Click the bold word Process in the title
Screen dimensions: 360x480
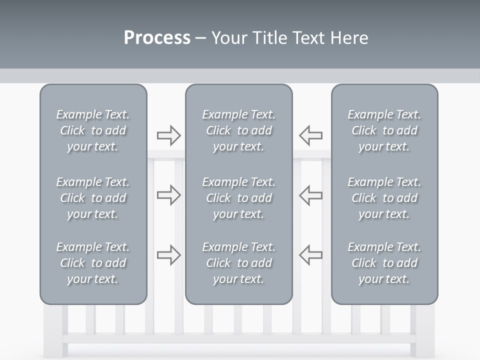157,38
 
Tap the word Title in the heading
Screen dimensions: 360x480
271,38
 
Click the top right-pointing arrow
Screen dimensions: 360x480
168,135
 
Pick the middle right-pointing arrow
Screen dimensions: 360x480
168,195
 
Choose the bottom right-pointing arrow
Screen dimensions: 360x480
168,255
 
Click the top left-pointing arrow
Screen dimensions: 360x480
310,135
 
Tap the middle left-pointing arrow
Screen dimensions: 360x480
310,195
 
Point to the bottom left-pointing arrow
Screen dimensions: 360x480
310,255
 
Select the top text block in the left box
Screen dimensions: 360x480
93,130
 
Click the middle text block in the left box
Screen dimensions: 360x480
93,198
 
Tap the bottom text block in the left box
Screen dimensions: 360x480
93,263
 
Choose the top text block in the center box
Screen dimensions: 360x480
238,130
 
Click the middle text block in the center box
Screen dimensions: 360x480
238,198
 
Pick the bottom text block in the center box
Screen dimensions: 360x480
238,263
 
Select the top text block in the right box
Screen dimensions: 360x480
384,130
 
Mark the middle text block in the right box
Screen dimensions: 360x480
384,198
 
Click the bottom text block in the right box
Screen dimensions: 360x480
384,263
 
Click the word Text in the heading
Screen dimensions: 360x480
308,38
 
